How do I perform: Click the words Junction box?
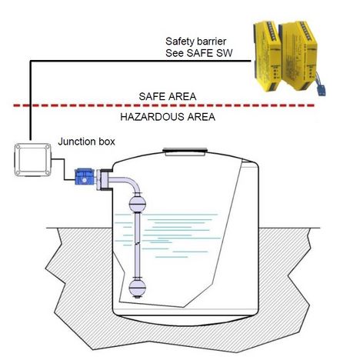click(x=86, y=142)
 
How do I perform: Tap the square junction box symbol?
click(x=32, y=160)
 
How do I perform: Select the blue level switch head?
click(x=84, y=177)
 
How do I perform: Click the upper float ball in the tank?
click(x=138, y=204)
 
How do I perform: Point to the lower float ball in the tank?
click(x=138, y=288)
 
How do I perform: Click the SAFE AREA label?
click(x=168, y=97)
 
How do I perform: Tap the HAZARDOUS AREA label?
click(x=168, y=117)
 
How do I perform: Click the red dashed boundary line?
click(x=164, y=105)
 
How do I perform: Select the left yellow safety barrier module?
click(x=267, y=57)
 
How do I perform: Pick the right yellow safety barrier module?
click(x=298, y=55)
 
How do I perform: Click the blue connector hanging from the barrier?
click(x=322, y=90)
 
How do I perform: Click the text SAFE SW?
click(x=209, y=53)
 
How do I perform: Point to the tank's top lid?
click(x=185, y=151)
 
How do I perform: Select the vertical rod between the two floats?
click(x=138, y=245)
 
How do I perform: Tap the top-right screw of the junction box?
click(x=47, y=148)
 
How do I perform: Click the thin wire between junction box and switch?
click(x=64, y=169)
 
